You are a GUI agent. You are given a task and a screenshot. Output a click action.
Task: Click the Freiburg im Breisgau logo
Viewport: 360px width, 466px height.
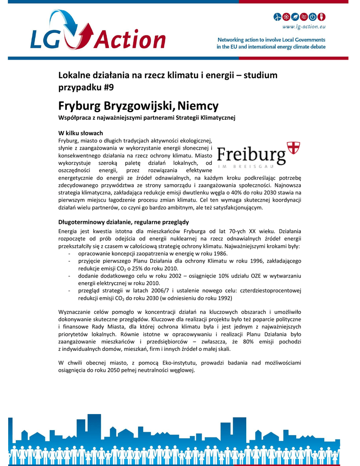tap(258, 155)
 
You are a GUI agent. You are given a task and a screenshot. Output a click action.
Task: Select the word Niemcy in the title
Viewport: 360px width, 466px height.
tap(198, 106)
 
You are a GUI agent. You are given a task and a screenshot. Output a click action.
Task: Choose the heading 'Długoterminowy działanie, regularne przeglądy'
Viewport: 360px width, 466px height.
tap(123, 222)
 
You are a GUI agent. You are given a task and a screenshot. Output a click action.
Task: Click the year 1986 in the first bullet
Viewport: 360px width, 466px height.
tap(220, 253)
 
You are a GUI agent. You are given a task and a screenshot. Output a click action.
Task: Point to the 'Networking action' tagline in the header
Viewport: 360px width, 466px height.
tap(271, 43)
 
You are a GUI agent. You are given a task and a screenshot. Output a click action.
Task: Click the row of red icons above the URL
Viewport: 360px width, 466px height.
tap(299, 17)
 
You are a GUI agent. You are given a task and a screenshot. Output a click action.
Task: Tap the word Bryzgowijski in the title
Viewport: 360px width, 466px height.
tap(139, 106)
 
